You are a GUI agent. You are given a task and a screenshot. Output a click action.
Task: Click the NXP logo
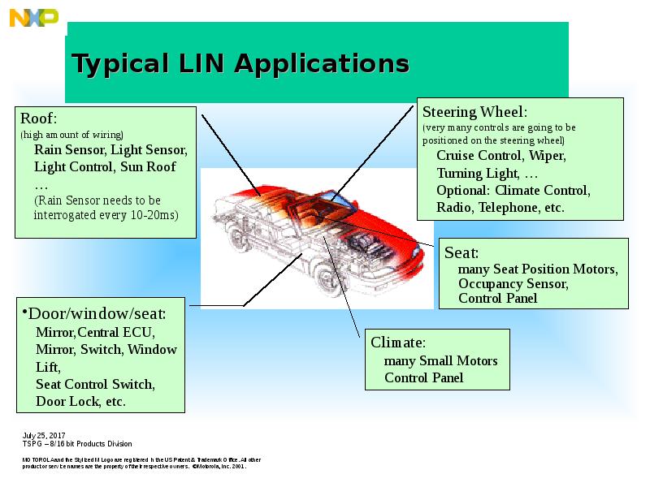pyautogui.click(x=34, y=17)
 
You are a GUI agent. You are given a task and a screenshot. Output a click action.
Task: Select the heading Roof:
pyautogui.click(x=38, y=119)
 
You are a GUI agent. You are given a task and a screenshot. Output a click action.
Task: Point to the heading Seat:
pyautogui.click(x=461, y=252)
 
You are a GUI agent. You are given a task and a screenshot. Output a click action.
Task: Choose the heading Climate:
pyautogui.click(x=398, y=342)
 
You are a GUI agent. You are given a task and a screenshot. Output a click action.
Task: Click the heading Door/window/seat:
pyautogui.click(x=97, y=312)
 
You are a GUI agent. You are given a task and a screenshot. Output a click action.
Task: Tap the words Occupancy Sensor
pyautogui.click(x=513, y=284)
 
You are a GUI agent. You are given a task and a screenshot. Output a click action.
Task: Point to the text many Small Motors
pyautogui.click(x=440, y=360)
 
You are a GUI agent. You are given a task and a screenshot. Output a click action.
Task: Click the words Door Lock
pyautogui.click(x=65, y=401)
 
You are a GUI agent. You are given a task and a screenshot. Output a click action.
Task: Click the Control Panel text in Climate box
pyautogui.click(x=423, y=377)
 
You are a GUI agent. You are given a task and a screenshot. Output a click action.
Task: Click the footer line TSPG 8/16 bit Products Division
pyautogui.click(x=76, y=444)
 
